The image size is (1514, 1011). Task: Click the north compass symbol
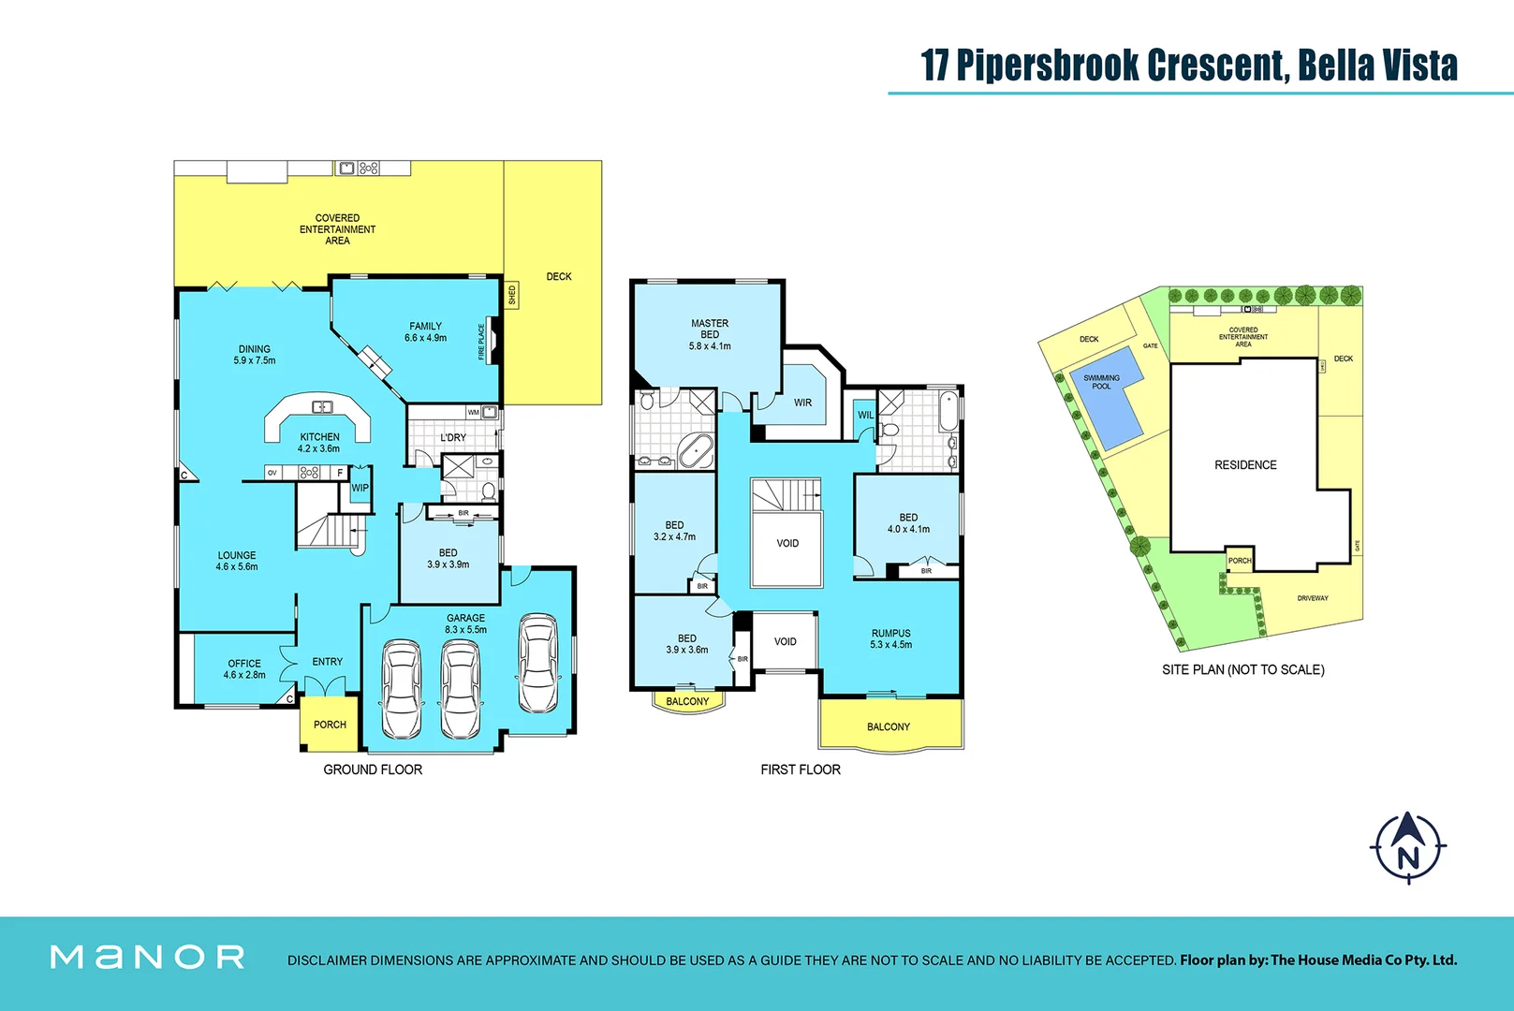(1407, 848)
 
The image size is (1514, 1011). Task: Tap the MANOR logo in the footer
(147, 957)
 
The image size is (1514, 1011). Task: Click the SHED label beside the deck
(512, 295)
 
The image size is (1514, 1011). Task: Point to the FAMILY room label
(425, 327)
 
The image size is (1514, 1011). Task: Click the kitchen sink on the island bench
(322, 406)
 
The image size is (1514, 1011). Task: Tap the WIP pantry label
(360, 488)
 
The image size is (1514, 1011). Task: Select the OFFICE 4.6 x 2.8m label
(244, 668)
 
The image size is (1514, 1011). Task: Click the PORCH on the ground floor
(330, 725)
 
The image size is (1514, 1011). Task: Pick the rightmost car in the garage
(538, 664)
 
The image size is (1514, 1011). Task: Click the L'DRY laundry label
(453, 437)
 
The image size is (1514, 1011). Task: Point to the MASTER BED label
(710, 329)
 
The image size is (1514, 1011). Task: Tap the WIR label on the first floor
(802, 403)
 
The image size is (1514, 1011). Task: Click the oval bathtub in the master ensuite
(695, 451)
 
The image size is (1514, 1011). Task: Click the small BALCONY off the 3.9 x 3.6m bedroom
(687, 701)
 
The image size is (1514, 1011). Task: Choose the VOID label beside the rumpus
(785, 641)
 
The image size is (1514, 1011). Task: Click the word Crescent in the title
(1216, 66)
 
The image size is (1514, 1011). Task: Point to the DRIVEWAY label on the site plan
(1312, 598)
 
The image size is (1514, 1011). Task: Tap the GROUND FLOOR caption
(373, 769)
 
